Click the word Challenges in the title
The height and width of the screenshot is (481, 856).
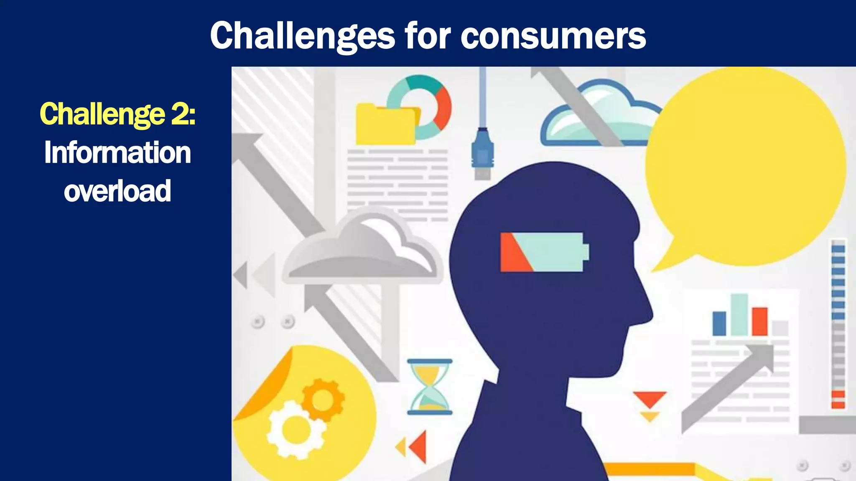(x=302, y=36)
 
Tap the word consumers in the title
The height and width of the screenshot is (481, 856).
(x=553, y=36)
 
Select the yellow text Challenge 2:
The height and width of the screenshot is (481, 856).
(x=117, y=114)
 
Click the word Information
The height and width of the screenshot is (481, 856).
(x=117, y=152)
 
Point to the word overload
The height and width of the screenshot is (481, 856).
(x=117, y=191)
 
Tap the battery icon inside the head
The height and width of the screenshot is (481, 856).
(x=543, y=252)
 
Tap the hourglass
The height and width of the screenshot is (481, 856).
(x=430, y=387)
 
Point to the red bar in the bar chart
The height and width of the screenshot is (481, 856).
(x=759, y=322)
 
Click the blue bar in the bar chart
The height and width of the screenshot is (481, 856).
(x=719, y=323)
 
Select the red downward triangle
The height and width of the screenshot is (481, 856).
(x=649, y=399)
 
